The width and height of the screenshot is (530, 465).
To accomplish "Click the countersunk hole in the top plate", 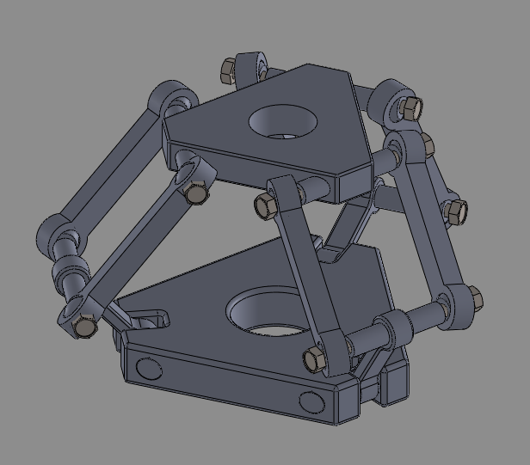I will point(282,121).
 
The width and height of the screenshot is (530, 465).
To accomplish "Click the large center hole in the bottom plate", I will point(268,313).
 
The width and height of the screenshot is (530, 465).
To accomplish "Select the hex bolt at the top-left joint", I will point(230,69).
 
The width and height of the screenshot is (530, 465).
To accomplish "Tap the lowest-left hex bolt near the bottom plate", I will point(84,326).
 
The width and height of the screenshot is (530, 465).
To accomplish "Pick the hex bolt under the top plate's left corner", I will point(197,193).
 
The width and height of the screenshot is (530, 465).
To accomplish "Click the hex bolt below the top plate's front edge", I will point(266,205).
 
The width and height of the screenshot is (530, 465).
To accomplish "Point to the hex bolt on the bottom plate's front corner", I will point(314,358).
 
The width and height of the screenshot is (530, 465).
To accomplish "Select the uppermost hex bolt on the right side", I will point(411,108).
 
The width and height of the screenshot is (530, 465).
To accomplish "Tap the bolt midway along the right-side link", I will point(455,210).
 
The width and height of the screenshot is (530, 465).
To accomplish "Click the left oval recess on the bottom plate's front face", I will point(149,370).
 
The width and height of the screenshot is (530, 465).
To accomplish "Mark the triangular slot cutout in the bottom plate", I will point(147,319).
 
